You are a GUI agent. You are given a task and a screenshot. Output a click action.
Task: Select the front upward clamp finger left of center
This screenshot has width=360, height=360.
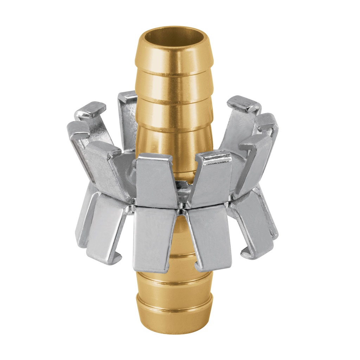pos(155,179)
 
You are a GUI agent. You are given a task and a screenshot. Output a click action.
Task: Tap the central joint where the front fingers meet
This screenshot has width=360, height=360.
pos(181,209)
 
